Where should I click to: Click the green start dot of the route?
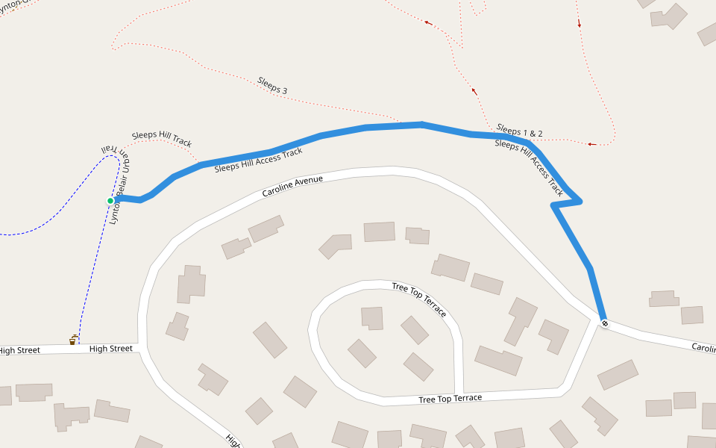pyautogui.click(x=110, y=200)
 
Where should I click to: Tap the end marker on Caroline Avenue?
pyautogui.click(x=604, y=323)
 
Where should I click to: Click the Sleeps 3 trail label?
pyautogui.click(x=272, y=85)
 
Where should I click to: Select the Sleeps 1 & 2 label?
pyautogui.click(x=519, y=131)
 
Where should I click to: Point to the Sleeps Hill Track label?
pyautogui.click(x=162, y=138)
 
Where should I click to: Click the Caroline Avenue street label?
pyautogui.click(x=292, y=186)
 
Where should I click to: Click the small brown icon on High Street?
pyautogui.click(x=73, y=340)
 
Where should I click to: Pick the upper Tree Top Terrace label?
pyautogui.click(x=419, y=299)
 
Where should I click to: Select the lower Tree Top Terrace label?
pyautogui.click(x=450, y=399)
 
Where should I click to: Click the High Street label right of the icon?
pyautogui.click(x=110, y=349)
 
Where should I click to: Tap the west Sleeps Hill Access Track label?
pyautogui.click(x=258, y=161)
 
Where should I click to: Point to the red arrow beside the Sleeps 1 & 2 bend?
pyautogui.click(x=591, y=144)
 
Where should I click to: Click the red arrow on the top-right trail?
pyautogui.click(x=579, y=24)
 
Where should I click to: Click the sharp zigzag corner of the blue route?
pyautogui.click(x=579, y=201)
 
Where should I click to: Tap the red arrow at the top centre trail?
pyautogui.click(x=429, y=22)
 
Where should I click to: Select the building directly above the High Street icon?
pyautogui.click(x=189, y=284)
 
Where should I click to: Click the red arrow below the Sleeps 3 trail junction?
pyautogui.click(x=473, y=91)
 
